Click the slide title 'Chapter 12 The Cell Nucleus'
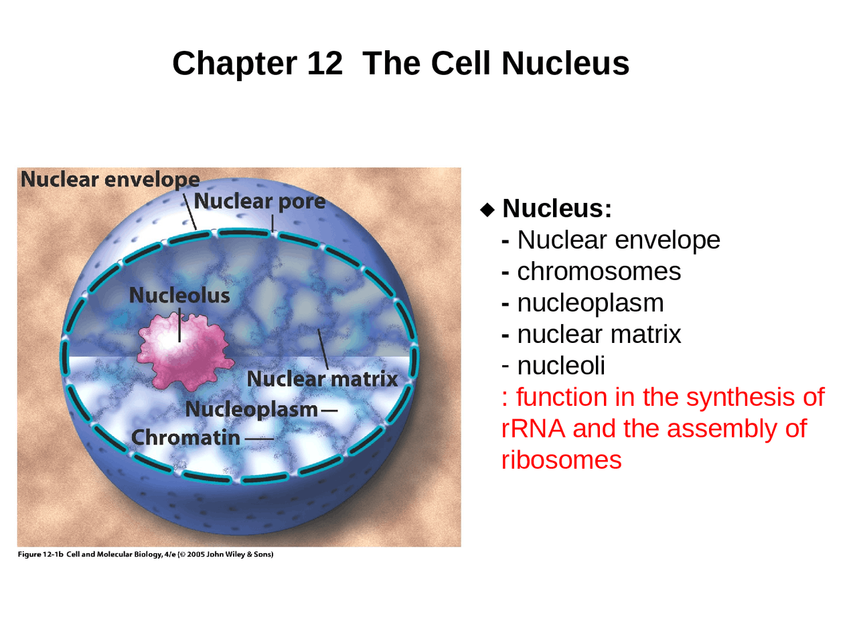pos(400,64)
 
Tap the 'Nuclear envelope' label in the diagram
pos(110,180)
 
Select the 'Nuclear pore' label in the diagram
pos(259,201)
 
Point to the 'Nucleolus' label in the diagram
pos(179,295)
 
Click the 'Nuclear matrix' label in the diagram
pos(322,379)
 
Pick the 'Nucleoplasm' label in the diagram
pos(251,409)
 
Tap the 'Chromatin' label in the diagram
pos(185,437)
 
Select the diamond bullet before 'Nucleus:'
pos(487,209)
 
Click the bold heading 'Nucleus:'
pos(557,208)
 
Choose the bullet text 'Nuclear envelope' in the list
pos(618,240)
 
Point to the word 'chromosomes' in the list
pos(599,271)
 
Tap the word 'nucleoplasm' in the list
pos(590,303)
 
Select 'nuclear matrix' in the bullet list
pos(599,334)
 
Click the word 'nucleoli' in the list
pos(561,366)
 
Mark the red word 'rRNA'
pos(533,429)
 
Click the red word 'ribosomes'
pos(561,460)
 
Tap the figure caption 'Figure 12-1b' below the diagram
pos(40,555)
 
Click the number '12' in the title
pos(325,64)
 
